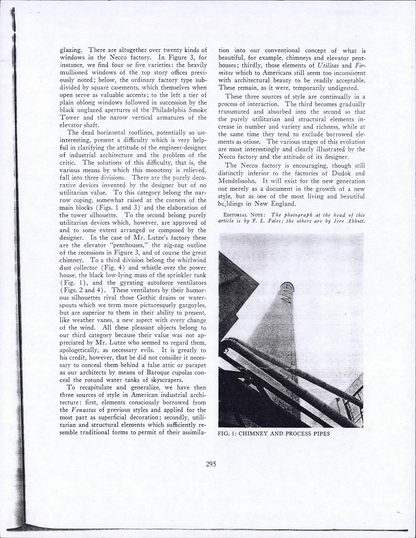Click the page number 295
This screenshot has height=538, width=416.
tap(211, 464)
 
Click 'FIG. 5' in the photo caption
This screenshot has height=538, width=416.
tap(227, 433)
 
